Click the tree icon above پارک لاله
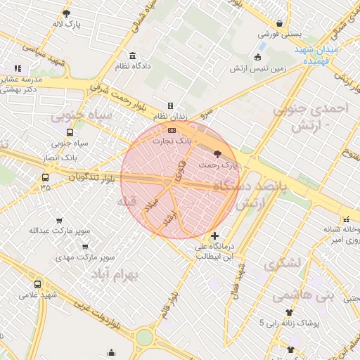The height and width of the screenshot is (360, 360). (x=67, y=13)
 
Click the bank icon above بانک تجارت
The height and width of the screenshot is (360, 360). (x=172, y=130)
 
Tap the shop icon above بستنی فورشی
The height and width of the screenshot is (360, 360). (x=280, y=22)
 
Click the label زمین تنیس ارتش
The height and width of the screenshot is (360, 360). (x=279, y=69)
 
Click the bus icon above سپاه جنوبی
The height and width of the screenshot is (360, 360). (x=69, y=132)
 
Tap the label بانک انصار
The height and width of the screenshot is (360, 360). (x=64, y=157)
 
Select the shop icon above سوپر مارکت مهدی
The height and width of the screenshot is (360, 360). (x=85, y=247)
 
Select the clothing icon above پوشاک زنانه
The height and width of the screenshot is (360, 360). (x=288, y=312)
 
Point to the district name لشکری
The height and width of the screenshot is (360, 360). (x=282, y=264)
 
